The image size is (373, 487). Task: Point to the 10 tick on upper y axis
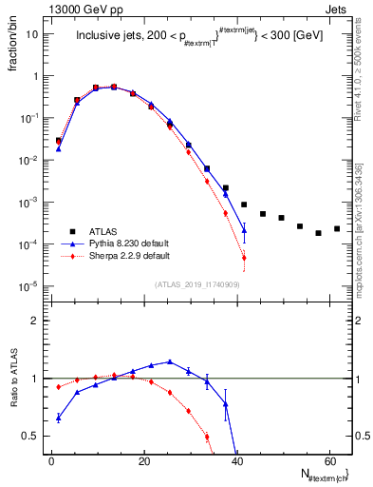tap(32, 34)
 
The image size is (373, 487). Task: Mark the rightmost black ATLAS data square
tap(337, 228)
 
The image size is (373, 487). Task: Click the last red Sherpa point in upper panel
tap(244, 258)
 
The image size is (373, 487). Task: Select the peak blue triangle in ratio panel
tap(170, 361)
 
